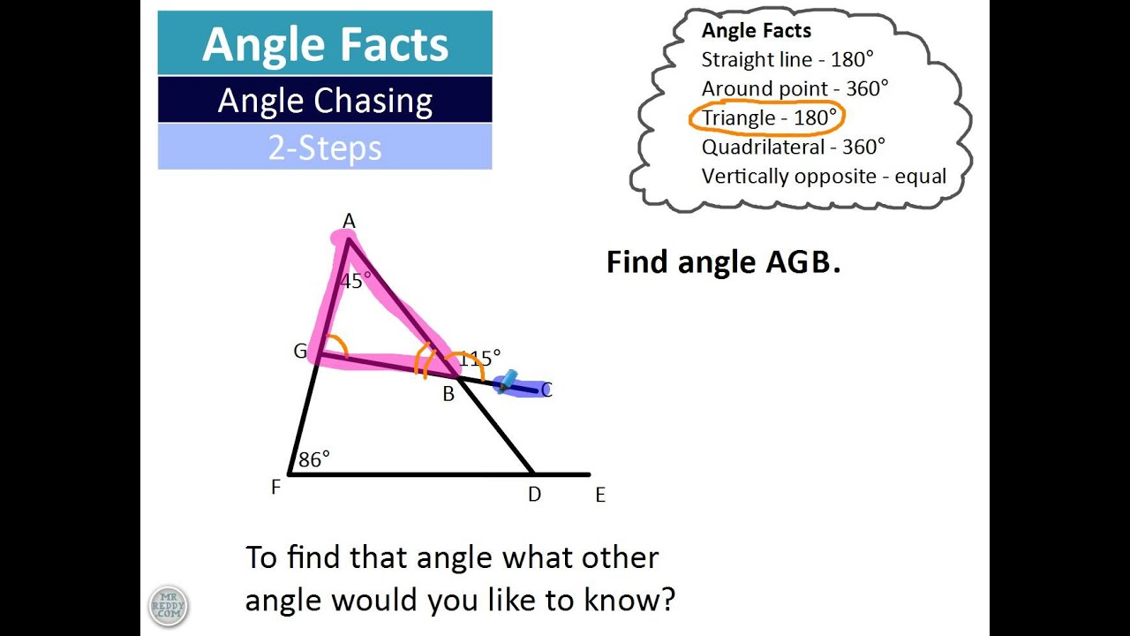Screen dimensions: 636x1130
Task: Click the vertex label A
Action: pyautogui.click(x=349, y=221)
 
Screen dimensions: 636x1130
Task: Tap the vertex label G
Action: pyautogui.click(x=300, y=352)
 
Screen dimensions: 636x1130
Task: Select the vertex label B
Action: pyautogui.click(x=448, y=395)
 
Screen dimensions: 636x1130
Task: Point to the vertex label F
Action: pyautogui.click(x=275, y=487)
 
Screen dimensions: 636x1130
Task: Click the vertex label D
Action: pyautogui.click(x=534, y=495)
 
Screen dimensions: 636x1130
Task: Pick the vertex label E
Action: pyautogui.click(x=600, y=496)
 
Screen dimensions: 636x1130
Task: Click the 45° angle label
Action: pyautogui.click(x=356, y=281)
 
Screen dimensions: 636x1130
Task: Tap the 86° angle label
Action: pyautogui.click(x=314, y=459)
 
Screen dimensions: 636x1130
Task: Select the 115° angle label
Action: pyautogui.click(x=479, y=359)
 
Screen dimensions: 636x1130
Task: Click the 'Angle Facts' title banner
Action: pyautogui.click(x=325, y=44)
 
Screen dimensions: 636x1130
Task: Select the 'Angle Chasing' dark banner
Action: pyautogui.click(x=325, y=101)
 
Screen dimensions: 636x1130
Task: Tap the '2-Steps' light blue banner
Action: pyautogui.click(x=325, y=148)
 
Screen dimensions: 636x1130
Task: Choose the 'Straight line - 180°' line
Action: pyautogui.click(x=787, y=59)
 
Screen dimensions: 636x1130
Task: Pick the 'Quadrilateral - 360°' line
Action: pyautogui.click(x=794, y=147)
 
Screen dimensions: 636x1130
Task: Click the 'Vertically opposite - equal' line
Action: pyautogui.click(x=824, y=176)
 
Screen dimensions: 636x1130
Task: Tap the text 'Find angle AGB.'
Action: pyautogui.click(x=723, y=261)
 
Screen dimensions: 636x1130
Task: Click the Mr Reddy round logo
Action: pyautogui.click(x=168, y=606)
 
